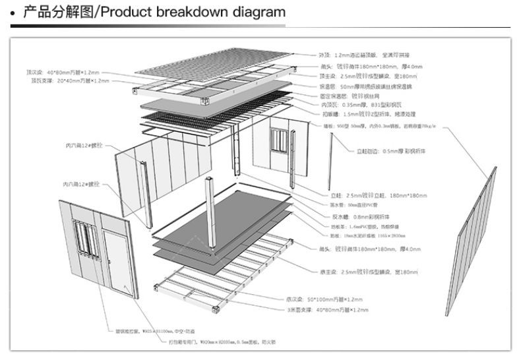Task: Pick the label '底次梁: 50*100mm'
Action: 322,299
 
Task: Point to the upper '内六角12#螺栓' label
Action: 86,145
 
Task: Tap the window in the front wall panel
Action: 84,238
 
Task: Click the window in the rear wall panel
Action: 281,141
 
